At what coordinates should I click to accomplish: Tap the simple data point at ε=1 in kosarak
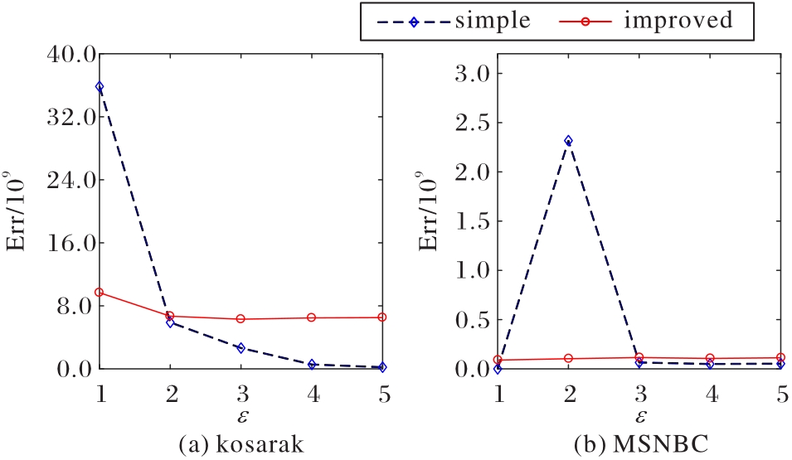pyautogui.click(x=100, y=86)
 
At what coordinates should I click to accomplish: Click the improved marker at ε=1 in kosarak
pyautogui.click(x=100, y=292)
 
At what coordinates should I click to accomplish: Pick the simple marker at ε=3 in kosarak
pyautogui.click(x=241, y=348)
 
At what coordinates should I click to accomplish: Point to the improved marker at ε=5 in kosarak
pyautogui.click(x=381, y=317)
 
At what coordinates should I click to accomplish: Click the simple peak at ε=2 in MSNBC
pyautogui.click(x=567, y=141)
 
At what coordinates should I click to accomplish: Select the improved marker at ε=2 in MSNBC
pyautogui.click(x=567, y=358)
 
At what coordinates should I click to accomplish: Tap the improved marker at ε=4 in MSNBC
pyautogui.click(x=709, y=358)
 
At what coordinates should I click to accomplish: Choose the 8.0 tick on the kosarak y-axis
pyautogui.click(x=73, y=306)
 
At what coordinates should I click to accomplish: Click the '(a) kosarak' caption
pyautogui.click(x=241, y=442)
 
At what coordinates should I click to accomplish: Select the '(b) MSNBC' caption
pyautogui.click(x=639, y=442)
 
